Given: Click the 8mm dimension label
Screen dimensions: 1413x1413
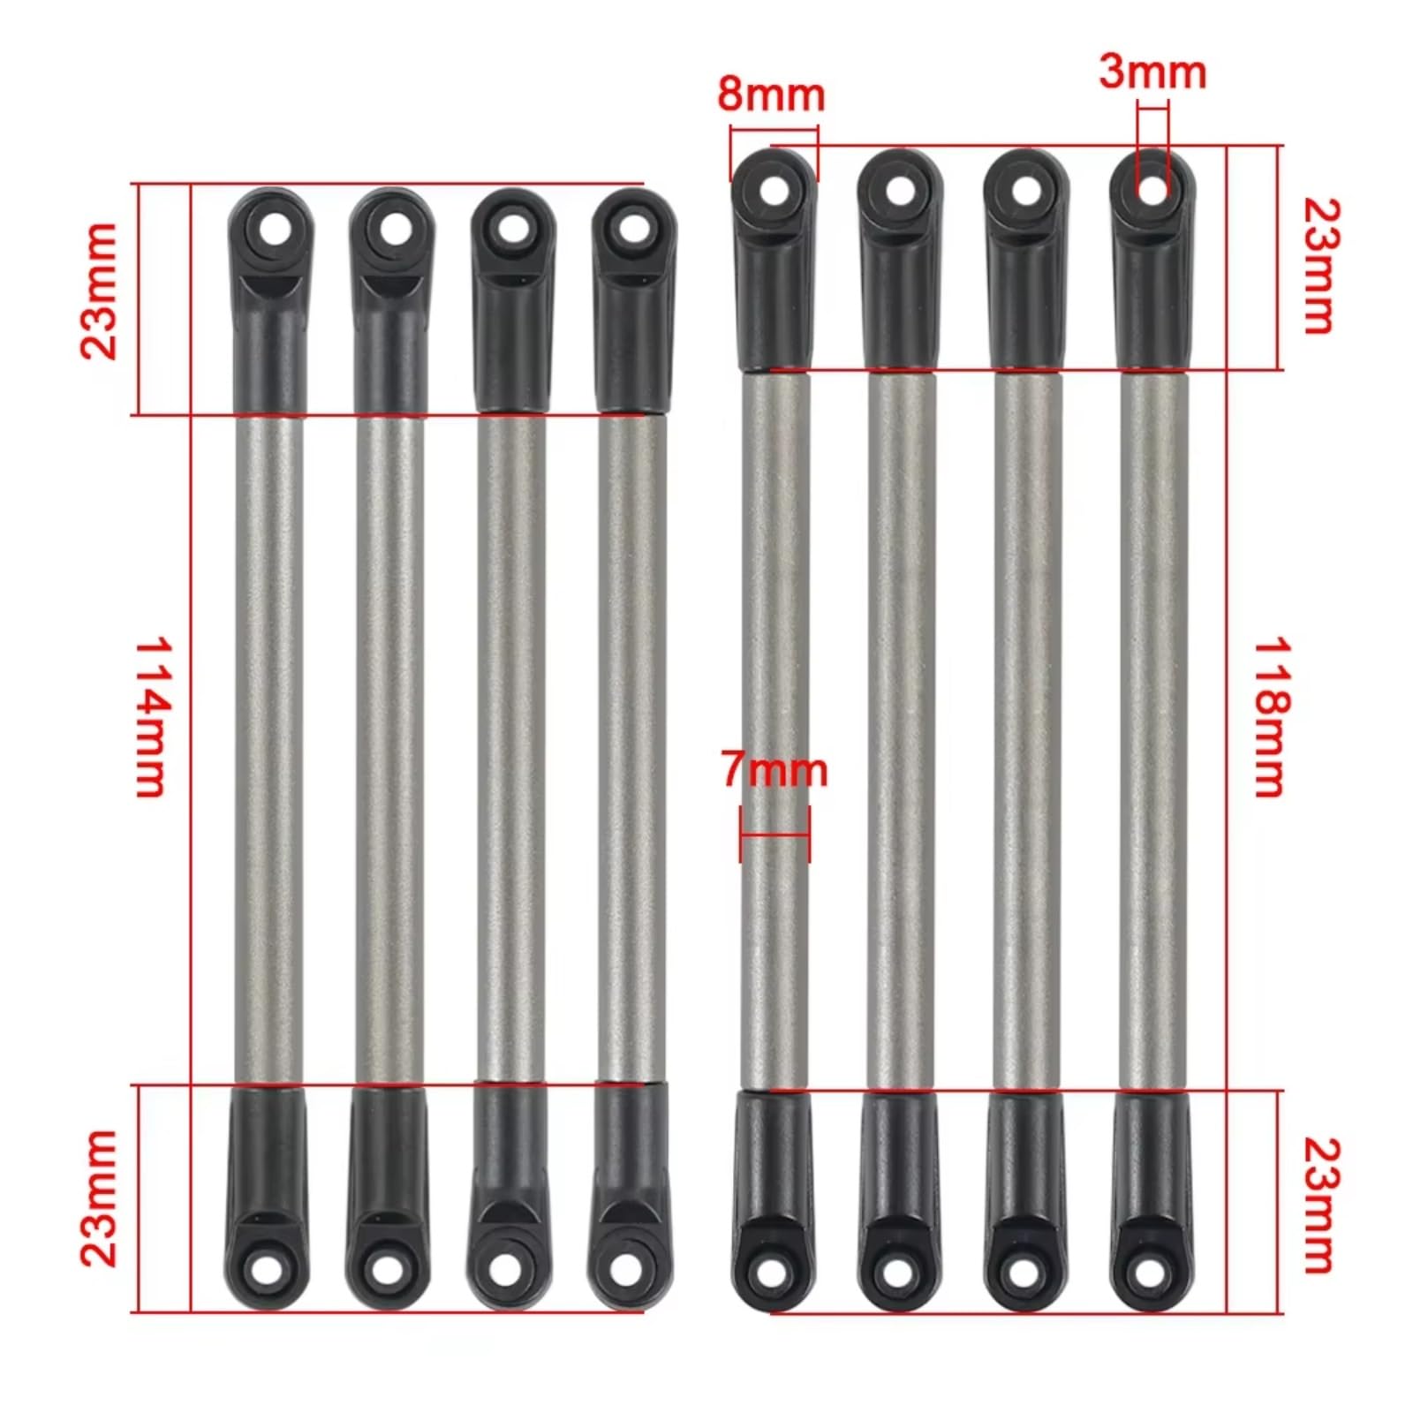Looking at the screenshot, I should pyautogui.click(x=771, y=94).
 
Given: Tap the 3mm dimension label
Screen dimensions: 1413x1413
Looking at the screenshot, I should pyautogui.click(x=1152, y=72).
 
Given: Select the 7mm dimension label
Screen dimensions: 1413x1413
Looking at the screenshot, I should pyautogui.click(x=775, y=769).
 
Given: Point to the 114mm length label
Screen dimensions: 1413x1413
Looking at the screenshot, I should pyautogui.click(x=150, y=717).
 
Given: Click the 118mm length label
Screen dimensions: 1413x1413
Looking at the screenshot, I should pyautogui.click(x=1272, y=717).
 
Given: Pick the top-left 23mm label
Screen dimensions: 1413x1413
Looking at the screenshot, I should pyautogui.click(x=99, y=291).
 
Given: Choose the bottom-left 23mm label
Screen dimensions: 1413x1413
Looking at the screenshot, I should pyautogui.click(x=99, y=1198).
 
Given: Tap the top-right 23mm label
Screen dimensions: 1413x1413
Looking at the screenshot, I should pyautogui.click(x=1321, y=266).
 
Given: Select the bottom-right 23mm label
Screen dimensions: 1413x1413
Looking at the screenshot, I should pyautogui.click(x=1321, y=1205).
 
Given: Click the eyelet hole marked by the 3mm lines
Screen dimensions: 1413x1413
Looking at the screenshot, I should pyautogui.click(x=1152, y=189).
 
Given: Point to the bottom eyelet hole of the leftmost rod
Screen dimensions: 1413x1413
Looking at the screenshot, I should pyautogui.click(x=266, y=1269).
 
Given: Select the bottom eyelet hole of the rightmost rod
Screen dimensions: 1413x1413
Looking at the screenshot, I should pyautogui.click(x=1148, y=1272).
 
